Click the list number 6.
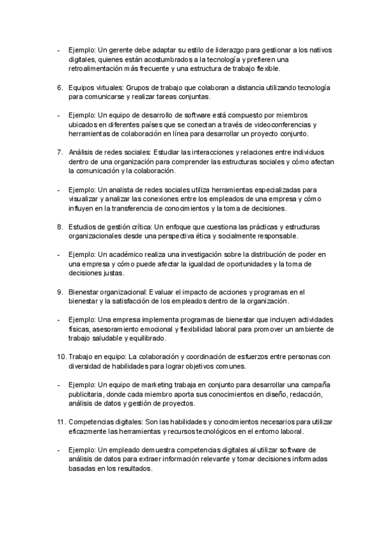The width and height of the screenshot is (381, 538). pos(59,87)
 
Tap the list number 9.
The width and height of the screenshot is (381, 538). pos(59,292)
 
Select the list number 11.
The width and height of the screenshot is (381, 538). pos(60,422)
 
